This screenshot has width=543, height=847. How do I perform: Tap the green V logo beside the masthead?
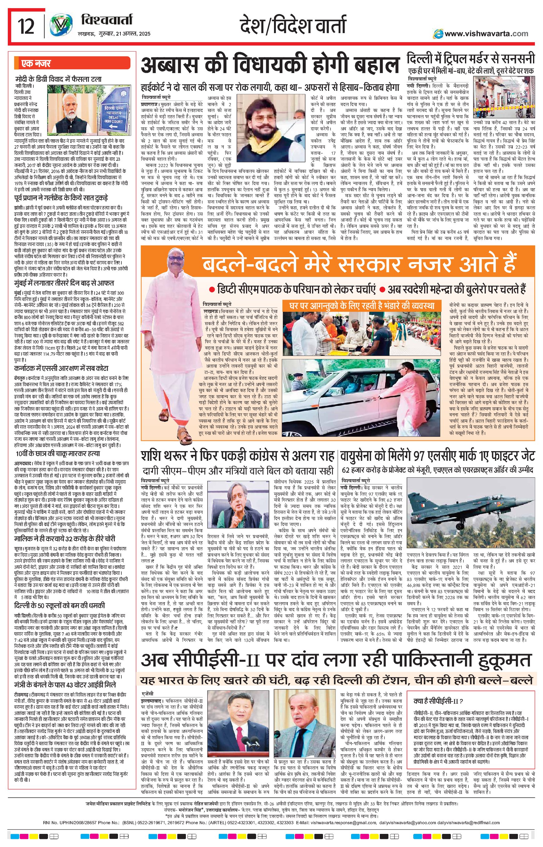click(59, 27)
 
